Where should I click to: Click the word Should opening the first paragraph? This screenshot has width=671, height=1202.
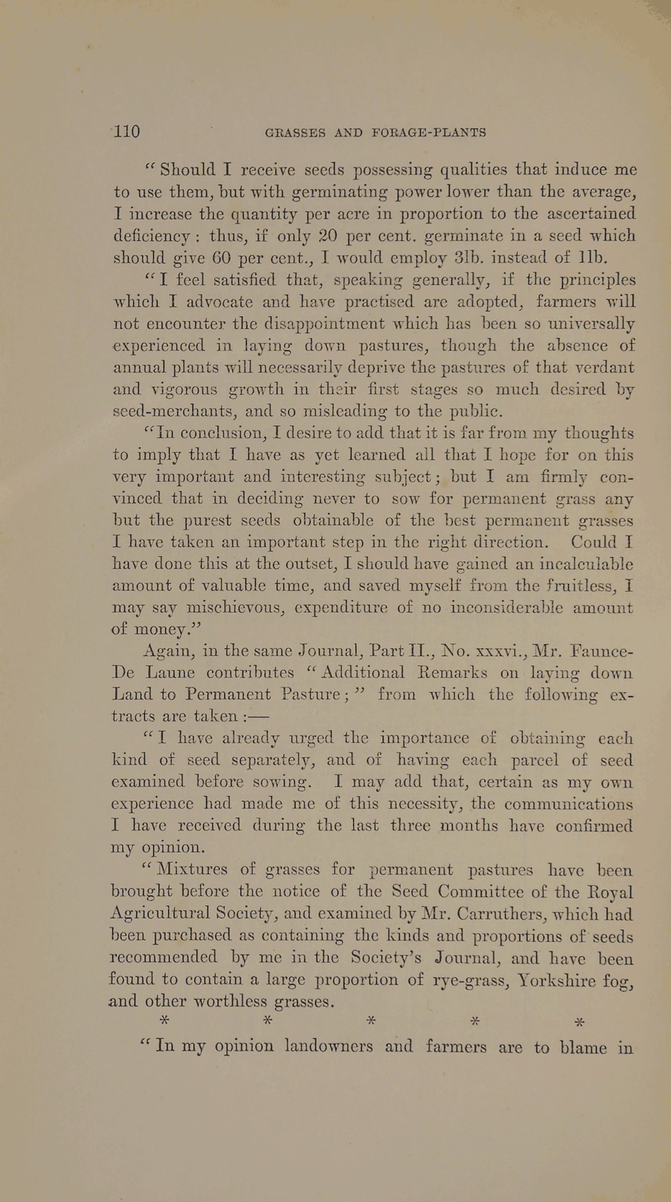187,170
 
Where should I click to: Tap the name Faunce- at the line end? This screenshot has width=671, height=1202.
601,651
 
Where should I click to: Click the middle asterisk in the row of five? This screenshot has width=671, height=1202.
372,1020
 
